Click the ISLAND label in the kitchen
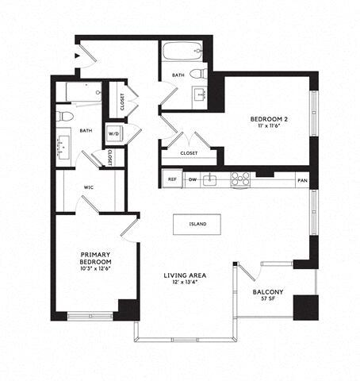point(197,224)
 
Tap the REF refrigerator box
point(172,179)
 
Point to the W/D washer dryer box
point(114,133)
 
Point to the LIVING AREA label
point(185,276)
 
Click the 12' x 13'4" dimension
point(185,284)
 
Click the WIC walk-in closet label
point(90,188)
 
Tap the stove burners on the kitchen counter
point(239,179)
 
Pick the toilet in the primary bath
point(66,117)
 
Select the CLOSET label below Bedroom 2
point(189,153)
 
